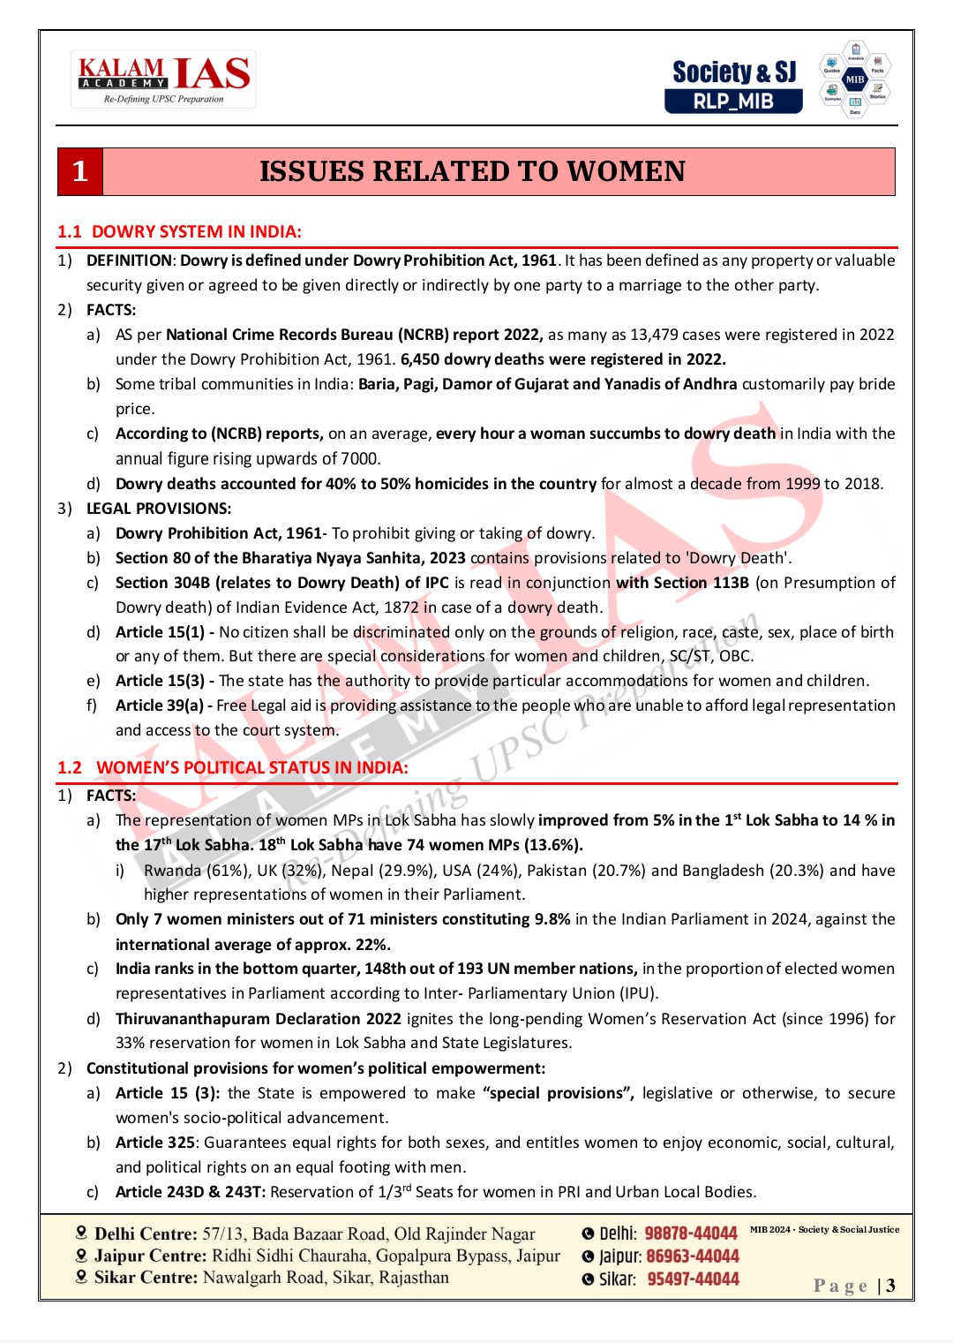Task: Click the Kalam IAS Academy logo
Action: [x=164, y=79]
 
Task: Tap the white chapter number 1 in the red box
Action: [x=80, y=171]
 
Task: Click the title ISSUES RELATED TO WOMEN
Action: [x=472, y=171]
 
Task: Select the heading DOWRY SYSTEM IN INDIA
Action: [x=196, y=232]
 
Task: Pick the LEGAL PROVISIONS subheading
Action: [x=159, y=509]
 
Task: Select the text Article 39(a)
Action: [x=159, y=705]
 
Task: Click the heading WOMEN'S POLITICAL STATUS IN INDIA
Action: [x=251, y=768]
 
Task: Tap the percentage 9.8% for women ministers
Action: [x=552, y=919]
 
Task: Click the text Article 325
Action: [x=154, y=1143]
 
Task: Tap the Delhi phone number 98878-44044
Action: [x=690, y=1234]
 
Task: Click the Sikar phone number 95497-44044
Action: [x=693, y=1279]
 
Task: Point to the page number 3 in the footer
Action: [x=891, y=1286]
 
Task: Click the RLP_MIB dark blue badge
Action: [x=733, y=102]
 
